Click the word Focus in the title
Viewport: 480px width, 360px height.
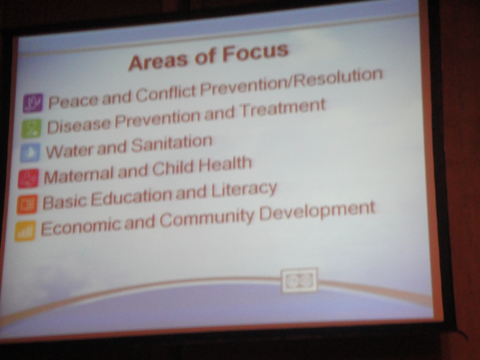point(256,53)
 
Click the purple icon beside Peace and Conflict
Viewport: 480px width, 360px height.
point(33,102)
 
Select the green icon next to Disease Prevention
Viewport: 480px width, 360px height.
point(31,128)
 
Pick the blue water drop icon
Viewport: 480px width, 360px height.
point(30,153)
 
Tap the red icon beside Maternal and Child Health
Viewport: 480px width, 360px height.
point(28,178)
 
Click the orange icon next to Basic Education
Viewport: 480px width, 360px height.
point(27,204)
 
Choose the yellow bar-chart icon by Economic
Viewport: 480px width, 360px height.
point(25,231)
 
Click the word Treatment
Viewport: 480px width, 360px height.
point(282,109)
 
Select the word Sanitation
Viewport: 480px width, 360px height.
point(172,144)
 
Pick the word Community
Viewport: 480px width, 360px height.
point(207,219)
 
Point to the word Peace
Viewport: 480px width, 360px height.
point(73,101)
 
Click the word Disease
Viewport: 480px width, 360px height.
point(79,126)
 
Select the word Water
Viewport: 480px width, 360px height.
point(69,151)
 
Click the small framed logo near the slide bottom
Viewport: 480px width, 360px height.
point(299,280)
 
